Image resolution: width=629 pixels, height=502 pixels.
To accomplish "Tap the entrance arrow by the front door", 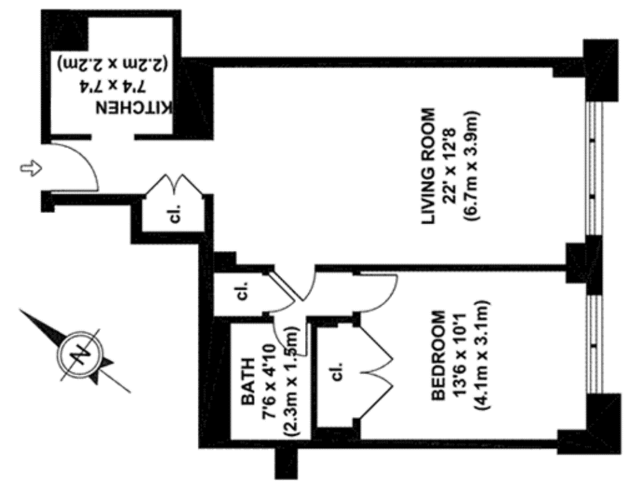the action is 30,168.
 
